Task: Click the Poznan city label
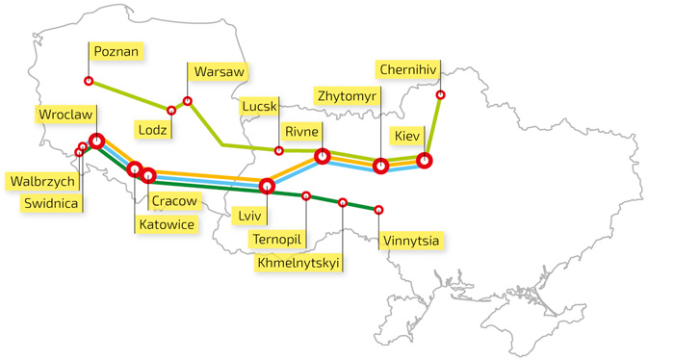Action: click(116, 51)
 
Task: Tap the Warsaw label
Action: click(220, 72)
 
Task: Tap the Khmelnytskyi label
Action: click(299, 261)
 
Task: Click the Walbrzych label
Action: click(41, 181)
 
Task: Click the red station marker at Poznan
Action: click(89, 81)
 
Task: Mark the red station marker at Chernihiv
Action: click(441, 94)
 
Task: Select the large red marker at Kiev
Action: click(424, 160)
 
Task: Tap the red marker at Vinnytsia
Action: click(378, 209)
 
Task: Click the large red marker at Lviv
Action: click(267, 186)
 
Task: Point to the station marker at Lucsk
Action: click(279, 150)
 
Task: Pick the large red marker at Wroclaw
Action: click(96, 141)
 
